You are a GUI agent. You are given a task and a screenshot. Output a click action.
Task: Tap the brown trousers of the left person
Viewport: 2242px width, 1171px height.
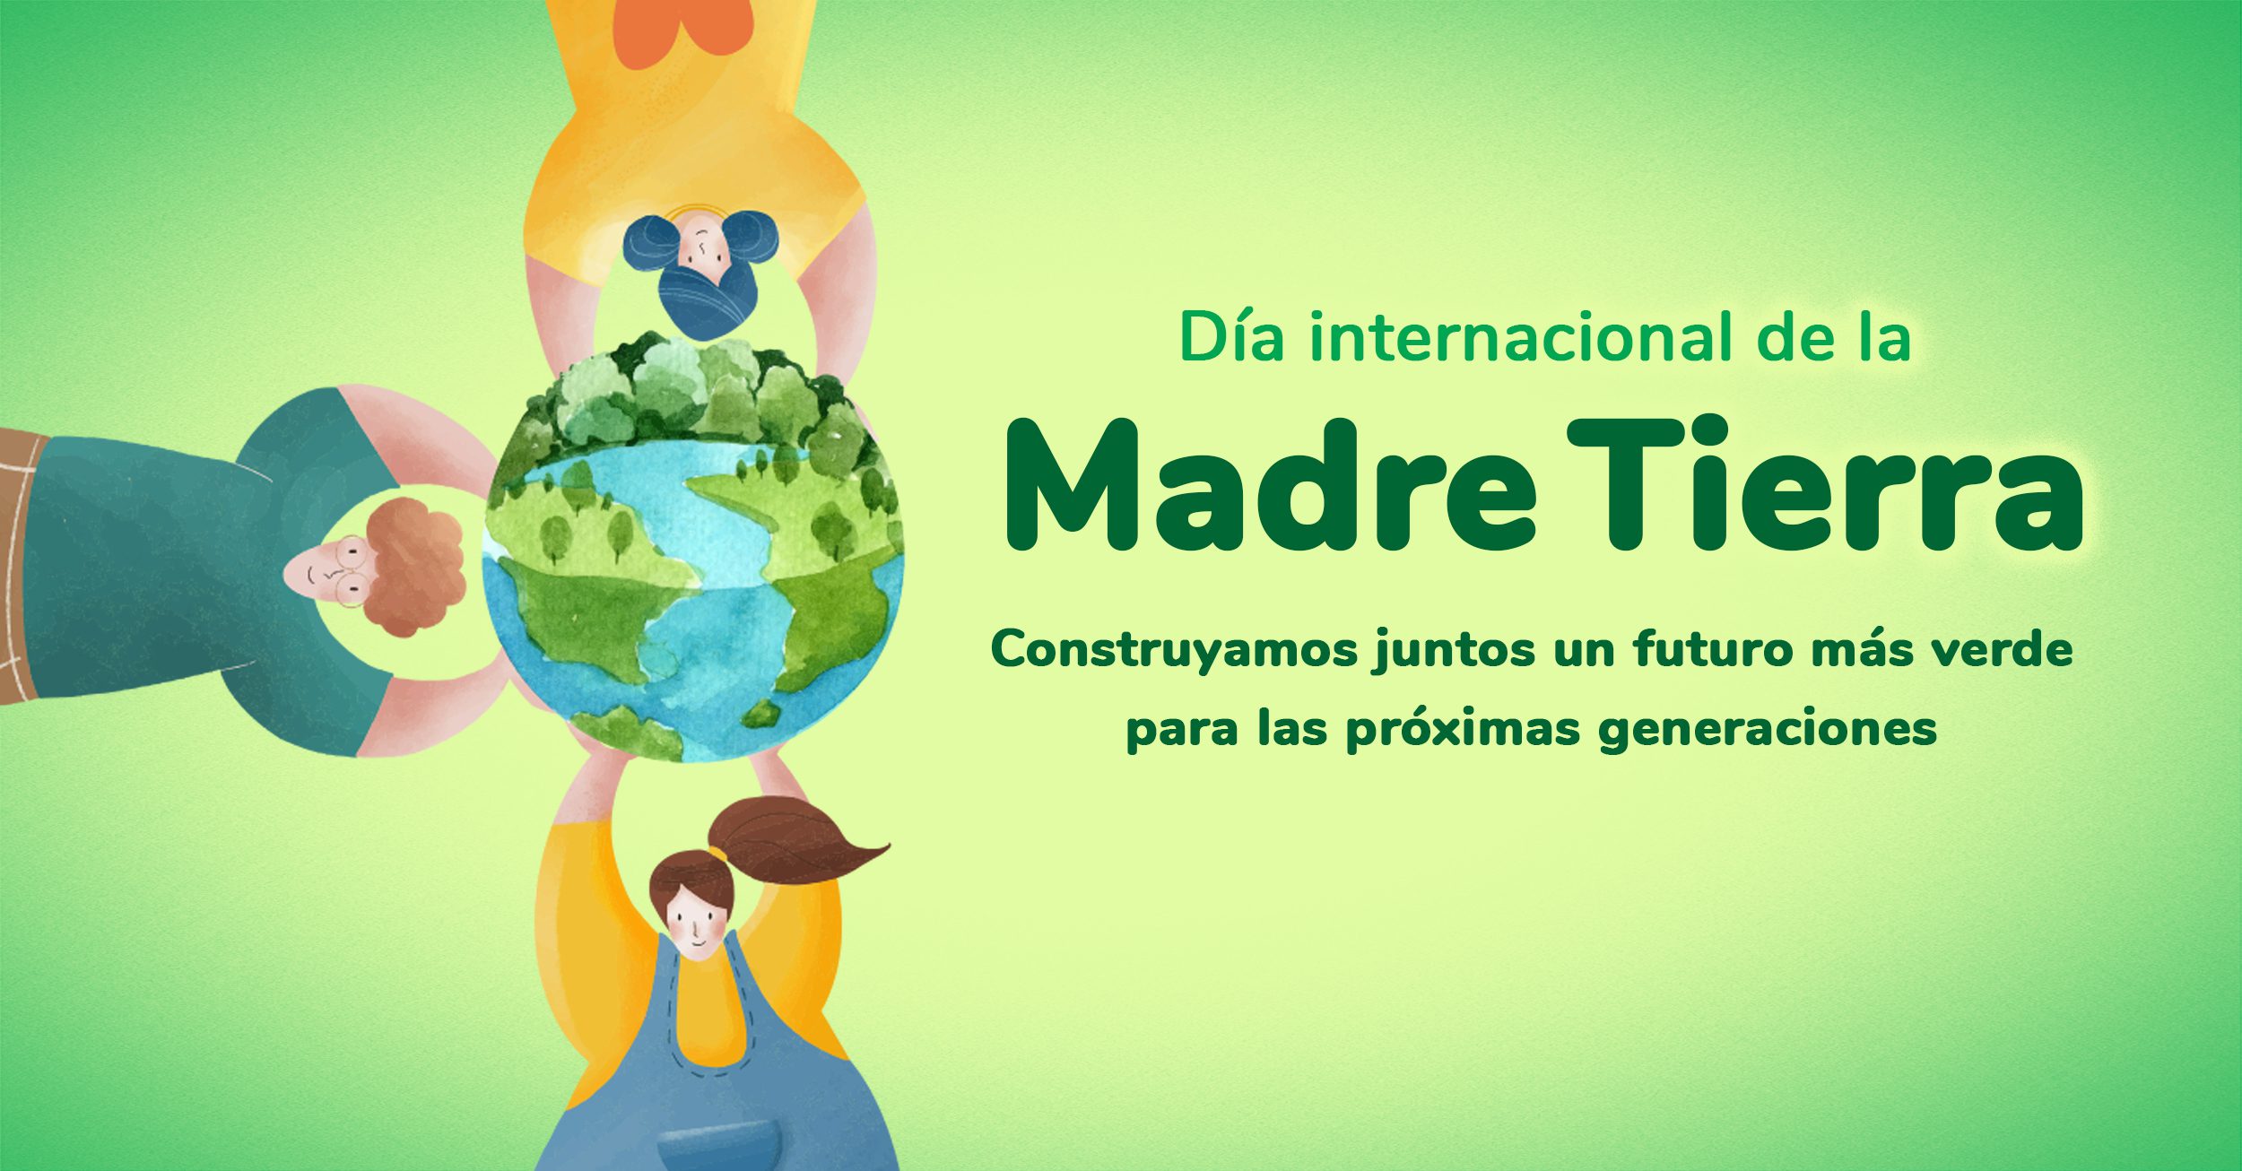point(16,565)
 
